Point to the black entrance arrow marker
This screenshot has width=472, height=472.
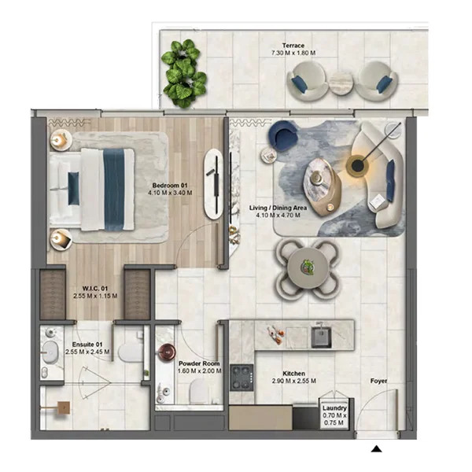(x=377, y=449)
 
